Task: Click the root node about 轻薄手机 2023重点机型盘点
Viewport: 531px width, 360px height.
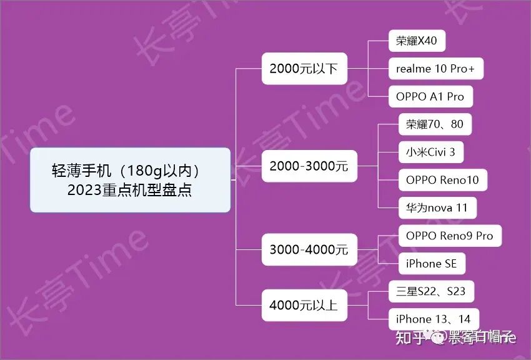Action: point(130,180)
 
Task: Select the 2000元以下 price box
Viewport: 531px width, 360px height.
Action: point(304,69)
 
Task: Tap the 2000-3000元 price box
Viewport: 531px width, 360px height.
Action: point(309,167)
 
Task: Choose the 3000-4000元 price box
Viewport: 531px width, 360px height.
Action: point(309,250)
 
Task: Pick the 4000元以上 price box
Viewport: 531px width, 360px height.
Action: point(304,306)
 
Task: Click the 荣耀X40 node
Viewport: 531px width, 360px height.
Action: point(417,42)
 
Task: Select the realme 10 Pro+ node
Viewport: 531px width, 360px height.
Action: point(435,69)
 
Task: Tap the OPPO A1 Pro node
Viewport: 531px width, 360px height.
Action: point(430,97)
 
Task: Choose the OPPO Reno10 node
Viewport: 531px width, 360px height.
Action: point(442,181)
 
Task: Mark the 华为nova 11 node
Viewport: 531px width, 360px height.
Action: point(437,208)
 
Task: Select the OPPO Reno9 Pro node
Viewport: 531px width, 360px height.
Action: point(449,236)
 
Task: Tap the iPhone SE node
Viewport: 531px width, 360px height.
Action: point(431,264)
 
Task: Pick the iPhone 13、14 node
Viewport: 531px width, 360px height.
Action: point(433,319)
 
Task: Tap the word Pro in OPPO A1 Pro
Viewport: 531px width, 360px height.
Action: point(455,97)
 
